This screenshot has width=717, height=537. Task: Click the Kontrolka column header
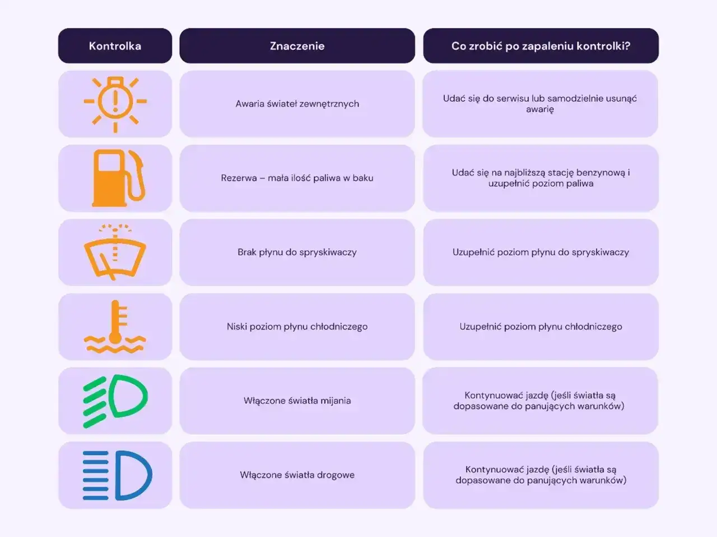coord(115,46)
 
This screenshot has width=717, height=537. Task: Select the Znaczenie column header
coord(297,46)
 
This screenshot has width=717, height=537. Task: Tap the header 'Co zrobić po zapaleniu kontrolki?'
coord(541,46)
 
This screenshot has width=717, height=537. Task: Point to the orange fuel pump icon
coord(118,178)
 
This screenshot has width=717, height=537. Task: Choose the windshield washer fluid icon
coord(115,252)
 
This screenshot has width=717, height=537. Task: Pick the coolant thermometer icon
coord(115,327)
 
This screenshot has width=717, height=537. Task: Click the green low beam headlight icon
coord(115,401)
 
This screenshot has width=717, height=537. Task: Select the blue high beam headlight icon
coord(117,475)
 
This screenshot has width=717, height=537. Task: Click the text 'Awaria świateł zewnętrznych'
coord(297,103)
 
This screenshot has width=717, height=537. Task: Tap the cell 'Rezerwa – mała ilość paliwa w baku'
coord(297,178)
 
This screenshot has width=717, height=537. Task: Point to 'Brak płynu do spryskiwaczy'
coord(297,252)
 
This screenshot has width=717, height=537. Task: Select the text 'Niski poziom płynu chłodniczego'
coord(297,327)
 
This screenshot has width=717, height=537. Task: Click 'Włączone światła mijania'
coord(297,401)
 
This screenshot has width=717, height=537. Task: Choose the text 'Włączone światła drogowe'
coord(297,475)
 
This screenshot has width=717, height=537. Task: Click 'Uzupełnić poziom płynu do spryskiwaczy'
coord(541,252)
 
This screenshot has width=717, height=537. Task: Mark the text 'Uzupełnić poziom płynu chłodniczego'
coord(541,327)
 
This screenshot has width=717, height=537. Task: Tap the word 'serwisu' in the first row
coord(513,98)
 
